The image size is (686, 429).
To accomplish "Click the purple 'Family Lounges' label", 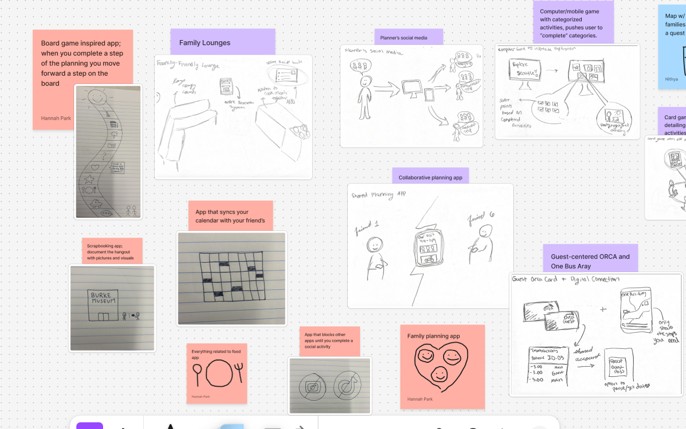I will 222,42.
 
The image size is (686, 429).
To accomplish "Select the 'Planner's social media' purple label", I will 408,38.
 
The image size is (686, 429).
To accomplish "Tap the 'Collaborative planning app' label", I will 430,177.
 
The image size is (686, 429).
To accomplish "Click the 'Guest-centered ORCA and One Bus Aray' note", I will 590,261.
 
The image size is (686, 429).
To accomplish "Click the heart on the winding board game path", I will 95,167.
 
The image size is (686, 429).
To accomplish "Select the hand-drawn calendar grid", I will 232,277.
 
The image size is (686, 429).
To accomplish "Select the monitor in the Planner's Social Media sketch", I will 412,89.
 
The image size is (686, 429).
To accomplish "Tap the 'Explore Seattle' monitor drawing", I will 525,72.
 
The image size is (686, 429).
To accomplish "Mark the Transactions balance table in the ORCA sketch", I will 548,366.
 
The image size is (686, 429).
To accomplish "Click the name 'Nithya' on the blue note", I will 672,79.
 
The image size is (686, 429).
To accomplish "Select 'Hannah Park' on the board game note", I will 55,118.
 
